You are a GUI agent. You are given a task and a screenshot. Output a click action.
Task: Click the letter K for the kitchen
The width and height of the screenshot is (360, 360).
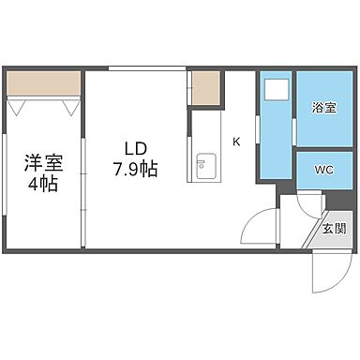(x=237, y=142)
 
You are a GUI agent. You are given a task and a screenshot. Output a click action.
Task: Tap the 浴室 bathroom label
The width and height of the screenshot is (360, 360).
(x=323, y=109)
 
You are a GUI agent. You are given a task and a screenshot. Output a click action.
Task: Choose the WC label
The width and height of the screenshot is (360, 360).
(x=323, y=170)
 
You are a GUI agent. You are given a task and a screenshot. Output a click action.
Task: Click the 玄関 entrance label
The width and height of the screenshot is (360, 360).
(x=333, y=227)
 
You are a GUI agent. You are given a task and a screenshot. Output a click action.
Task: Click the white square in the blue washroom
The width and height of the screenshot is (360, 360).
(x=277, y=91)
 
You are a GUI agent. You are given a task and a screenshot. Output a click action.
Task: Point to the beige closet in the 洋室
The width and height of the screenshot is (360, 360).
(x=42, y=85)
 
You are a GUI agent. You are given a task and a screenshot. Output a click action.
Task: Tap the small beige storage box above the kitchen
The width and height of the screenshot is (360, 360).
(x=206, y=88)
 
